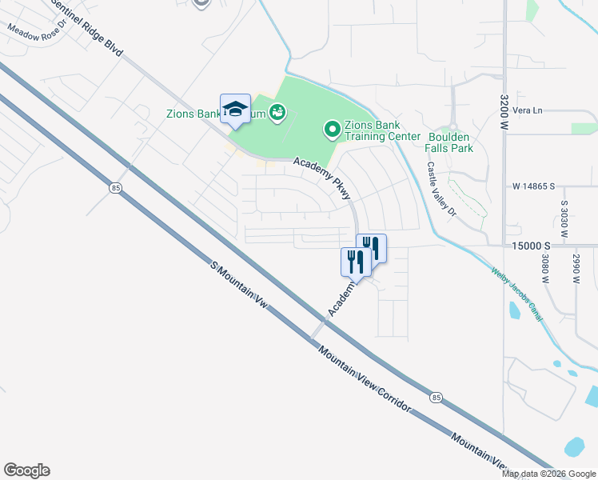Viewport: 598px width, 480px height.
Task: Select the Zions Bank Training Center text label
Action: [x=381, y=130]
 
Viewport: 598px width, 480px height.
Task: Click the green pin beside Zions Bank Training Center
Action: [x=331, y=129]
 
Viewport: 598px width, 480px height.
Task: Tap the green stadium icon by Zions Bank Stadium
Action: [x=277, y=113]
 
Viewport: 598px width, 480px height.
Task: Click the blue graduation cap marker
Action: [x=235, y=110]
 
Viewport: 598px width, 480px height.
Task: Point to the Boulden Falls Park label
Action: [x=449, y=142]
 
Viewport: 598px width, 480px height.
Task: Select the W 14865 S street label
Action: [x=533, y=186]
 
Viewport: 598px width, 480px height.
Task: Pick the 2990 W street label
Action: [x=574, y=269]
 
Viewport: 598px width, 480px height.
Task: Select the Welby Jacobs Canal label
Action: [x=517, y=294]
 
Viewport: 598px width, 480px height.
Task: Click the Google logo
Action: [x=26, y=470]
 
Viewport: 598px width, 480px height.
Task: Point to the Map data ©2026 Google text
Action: [x=548, y=474]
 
